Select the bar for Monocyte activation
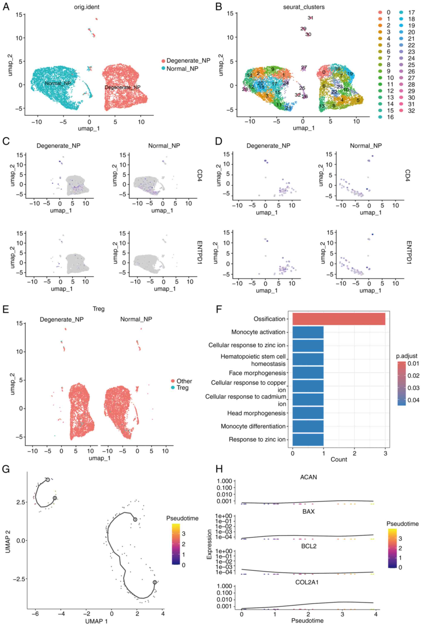click(x=308, y=332)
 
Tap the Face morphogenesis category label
click(x=257, y=373)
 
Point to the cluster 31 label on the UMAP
click(x=310, y=18)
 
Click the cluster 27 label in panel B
click(x=304, y=67)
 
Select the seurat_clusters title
click(x=304, y=7)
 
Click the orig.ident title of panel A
click(x=87, y=7)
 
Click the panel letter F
click(x=219, y=309)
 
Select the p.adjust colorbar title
click(x=406, y=356)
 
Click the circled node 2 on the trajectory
click(x=155, y=582)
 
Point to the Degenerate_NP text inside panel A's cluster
click(x=123, y=87)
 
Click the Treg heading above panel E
click(x=98, y=309)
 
